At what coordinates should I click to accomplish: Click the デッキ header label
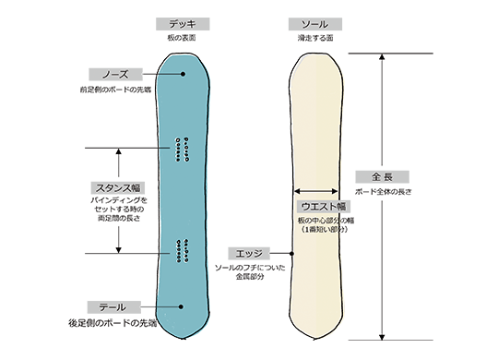183,23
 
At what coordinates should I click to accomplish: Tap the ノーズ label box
115,73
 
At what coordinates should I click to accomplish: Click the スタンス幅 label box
117,186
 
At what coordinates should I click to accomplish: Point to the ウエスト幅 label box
323,205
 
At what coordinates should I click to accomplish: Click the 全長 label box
381,175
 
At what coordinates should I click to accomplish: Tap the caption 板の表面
183,38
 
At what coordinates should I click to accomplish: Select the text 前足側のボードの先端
115,90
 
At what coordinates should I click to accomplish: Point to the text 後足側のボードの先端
113,323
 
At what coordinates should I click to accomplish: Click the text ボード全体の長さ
381,191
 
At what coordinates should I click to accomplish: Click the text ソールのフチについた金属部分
249,271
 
